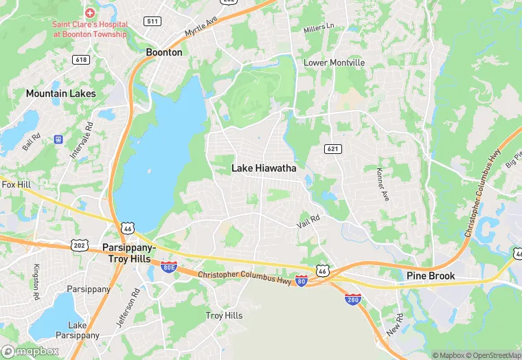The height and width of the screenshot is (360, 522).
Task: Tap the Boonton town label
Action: tap(164, 52)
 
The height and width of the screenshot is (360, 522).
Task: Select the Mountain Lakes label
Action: tap(60, 93)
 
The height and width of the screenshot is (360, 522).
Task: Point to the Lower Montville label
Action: tap(334, 63)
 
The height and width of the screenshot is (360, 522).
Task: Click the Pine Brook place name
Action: tap(431, 276)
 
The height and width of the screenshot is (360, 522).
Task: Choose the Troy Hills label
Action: tap(224, 315)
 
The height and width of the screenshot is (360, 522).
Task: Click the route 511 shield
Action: tap(152, 21)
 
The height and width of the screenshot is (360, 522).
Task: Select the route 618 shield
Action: tap(81, 60)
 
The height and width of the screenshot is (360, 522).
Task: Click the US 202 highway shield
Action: tap(78, 245)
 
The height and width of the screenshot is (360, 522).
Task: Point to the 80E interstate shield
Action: tap(169, 267)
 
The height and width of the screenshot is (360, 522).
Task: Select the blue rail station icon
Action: tap(58, 139)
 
